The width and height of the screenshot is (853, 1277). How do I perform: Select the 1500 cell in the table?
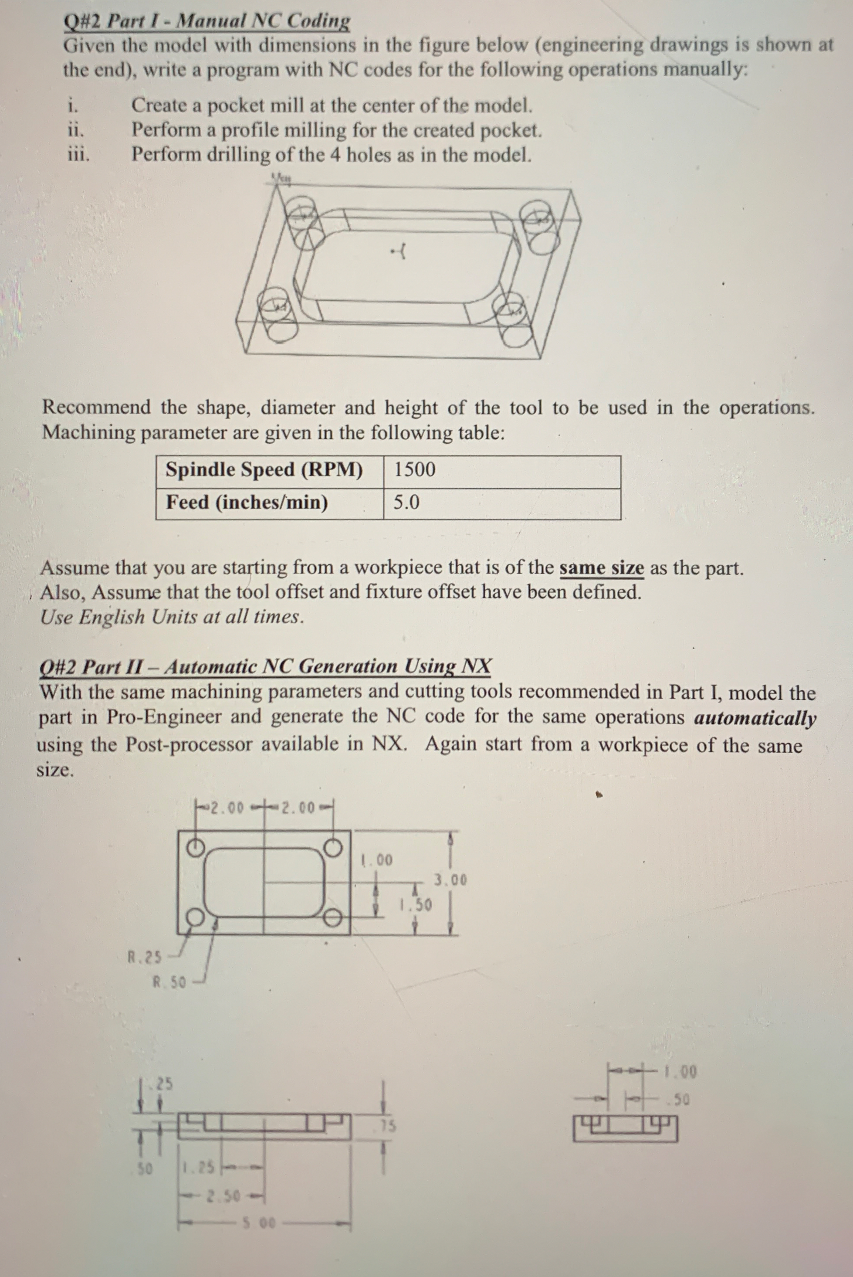(x=415, y=469)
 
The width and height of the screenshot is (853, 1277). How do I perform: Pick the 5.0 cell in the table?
(x=406, y=502)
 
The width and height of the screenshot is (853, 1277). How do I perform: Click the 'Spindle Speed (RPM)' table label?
(x=264, y=469)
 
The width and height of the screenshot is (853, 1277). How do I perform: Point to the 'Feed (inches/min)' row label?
(x=247, y=502)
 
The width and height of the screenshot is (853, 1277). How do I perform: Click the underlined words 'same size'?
(x=602, y=568)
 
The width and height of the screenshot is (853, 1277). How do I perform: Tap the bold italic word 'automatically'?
(x=755, y=718)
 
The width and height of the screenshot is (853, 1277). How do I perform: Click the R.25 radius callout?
(x=144, y=956)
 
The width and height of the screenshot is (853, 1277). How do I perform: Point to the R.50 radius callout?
(x=169, y=982)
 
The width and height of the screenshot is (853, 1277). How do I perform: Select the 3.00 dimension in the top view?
(x=450, y=880)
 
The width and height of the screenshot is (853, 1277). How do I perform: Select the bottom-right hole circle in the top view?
(x=332, y=918)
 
